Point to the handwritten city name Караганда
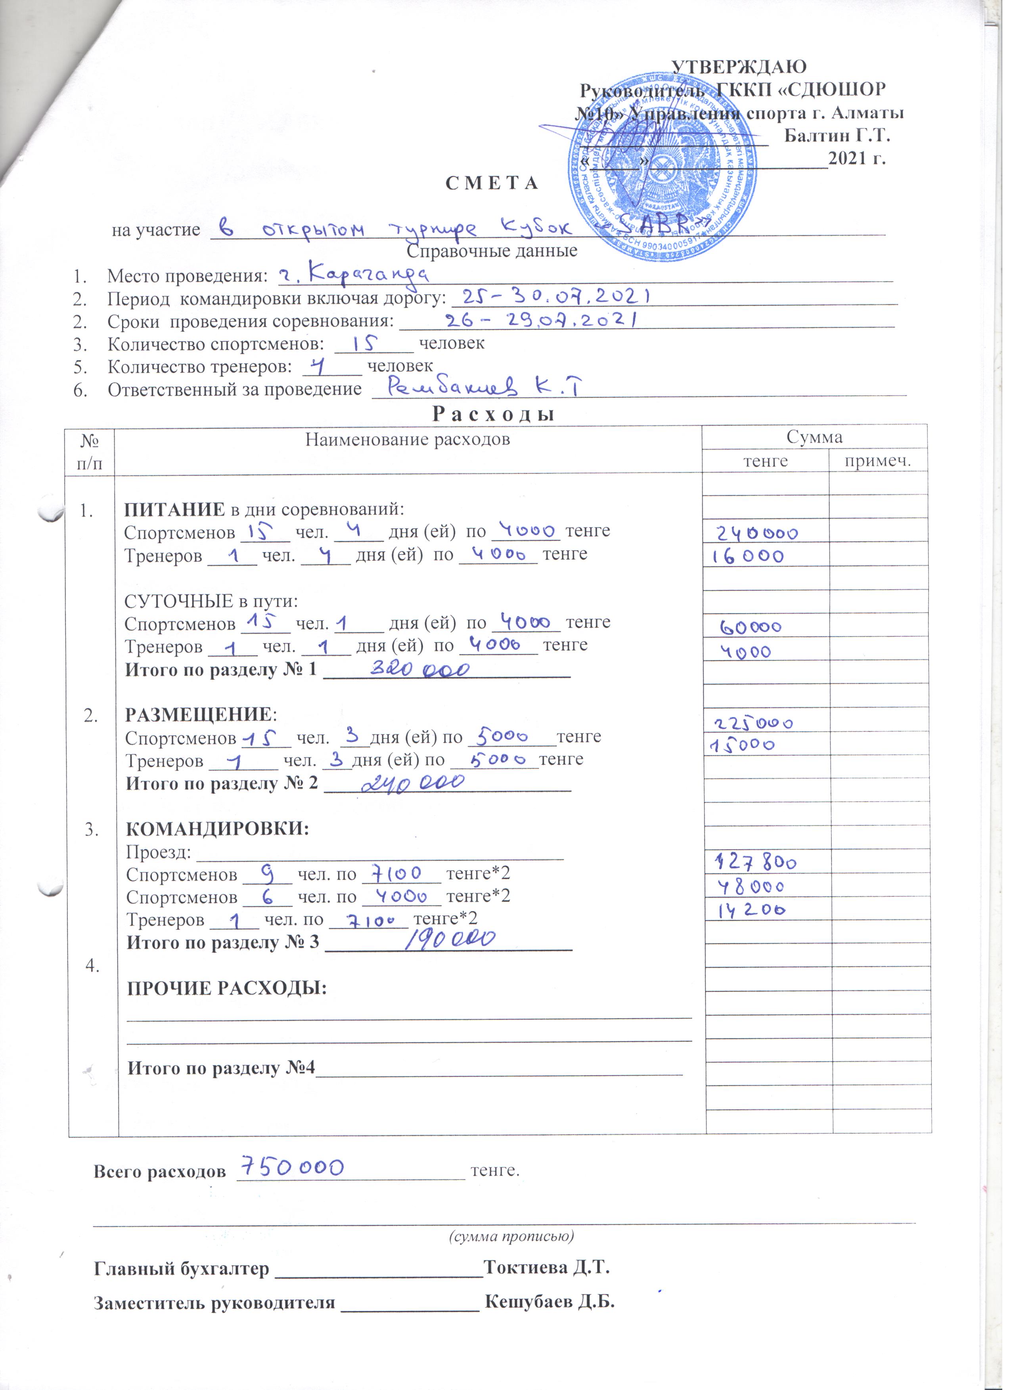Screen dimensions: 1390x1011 [352, 274]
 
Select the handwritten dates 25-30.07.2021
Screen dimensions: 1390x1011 [556, 298]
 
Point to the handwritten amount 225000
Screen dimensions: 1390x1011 [754, 723]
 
